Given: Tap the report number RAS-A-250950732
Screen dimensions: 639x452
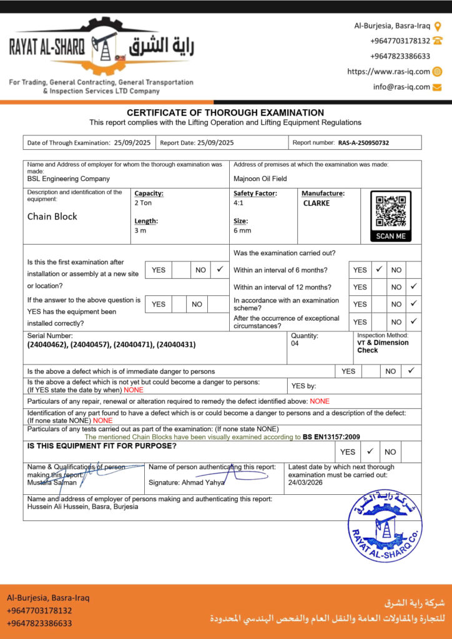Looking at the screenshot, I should coord(363,143).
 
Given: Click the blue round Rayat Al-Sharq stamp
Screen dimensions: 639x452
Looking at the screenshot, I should coord(385,525).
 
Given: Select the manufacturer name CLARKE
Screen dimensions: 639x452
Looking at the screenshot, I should coord(317,203).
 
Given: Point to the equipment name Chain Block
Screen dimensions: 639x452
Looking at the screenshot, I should coord(52,217).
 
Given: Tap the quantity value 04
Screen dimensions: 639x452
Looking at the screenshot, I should coord(295,343).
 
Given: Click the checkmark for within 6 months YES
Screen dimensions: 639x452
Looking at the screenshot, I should coord(379,270).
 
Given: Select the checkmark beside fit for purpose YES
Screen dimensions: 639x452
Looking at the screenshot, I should coord(370,451).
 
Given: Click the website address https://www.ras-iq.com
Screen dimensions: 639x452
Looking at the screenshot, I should coord(388,72).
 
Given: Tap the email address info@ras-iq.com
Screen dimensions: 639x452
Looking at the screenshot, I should coord(401,87).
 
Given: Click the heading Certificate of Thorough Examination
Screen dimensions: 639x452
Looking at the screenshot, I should coord(225,113).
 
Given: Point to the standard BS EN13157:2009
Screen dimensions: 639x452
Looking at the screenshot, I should coord(332,437).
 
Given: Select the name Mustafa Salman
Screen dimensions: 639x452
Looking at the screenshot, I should coord(52,482).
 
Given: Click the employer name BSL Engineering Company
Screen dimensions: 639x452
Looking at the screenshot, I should coord(69,178).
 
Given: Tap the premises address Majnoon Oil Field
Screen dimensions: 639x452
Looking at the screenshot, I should coord(260,178).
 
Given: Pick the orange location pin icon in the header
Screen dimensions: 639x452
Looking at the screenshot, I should coord(438,26).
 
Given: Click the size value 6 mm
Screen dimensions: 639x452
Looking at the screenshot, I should coord(242,230).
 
